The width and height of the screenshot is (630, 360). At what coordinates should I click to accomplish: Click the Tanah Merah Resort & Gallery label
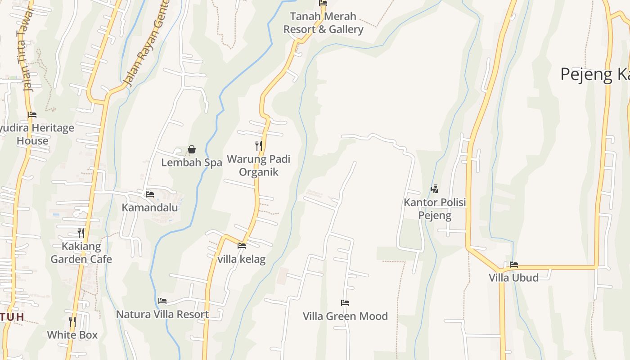tap(323, 23)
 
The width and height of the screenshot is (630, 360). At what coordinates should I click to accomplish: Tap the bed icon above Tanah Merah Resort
tap(323, 3)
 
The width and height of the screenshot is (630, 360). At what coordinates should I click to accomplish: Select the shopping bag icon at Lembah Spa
tap(192, 149)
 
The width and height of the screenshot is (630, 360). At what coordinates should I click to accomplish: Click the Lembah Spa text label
tap(192, 162)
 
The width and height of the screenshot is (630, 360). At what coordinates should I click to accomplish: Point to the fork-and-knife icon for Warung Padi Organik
tap(258, 145)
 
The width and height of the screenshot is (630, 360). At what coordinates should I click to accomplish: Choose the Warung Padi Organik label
tap(258, 166)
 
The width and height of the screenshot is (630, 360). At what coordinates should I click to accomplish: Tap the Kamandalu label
tap(150, 208)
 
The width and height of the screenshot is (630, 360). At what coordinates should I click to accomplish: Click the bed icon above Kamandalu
tap(150, 194)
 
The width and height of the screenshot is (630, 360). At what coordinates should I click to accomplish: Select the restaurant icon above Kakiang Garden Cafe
tap(81, 233)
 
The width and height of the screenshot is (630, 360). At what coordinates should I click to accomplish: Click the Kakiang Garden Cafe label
tap(81, 253)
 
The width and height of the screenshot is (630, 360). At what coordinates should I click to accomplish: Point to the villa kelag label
tap(242, 259)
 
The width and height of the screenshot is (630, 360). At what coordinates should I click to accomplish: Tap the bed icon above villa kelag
tap(242, 246)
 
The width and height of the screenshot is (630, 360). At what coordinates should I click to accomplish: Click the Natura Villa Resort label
tap(162, 314)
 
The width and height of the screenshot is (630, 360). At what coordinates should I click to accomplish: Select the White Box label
tap(72, 335)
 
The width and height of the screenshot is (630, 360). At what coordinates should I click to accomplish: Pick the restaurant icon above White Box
tap(72, 321)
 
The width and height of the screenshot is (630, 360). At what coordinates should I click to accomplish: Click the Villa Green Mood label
tap(345, 316)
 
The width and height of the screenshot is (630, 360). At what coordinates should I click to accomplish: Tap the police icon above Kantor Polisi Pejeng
tap(434, 189)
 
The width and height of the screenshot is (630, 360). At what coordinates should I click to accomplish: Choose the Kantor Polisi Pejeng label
tap(435, 209)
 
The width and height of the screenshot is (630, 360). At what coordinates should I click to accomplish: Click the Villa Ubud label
tap(514, 278)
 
